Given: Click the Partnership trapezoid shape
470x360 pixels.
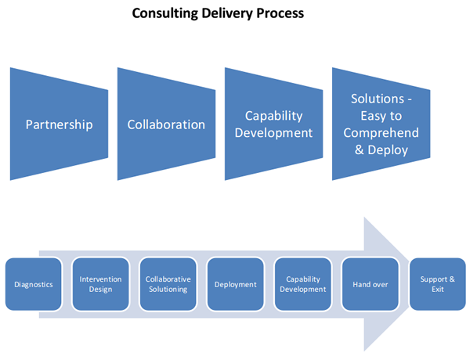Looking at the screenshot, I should point(59,124).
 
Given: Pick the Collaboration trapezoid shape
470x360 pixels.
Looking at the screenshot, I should point(166,124).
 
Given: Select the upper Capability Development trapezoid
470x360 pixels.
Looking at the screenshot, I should point(273,124).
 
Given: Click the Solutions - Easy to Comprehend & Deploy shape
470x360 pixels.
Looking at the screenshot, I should point(381,124).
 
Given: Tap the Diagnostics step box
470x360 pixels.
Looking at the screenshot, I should point(33,284).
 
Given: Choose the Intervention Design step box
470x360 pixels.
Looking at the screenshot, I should point(100,284).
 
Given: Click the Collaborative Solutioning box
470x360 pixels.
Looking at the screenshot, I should point(168,284).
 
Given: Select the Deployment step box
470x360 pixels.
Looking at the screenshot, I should point(235,284).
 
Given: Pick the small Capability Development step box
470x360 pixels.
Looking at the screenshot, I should point(302,284).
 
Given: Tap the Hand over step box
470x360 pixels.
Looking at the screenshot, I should point(370,284).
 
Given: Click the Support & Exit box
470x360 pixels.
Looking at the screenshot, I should point(437,284).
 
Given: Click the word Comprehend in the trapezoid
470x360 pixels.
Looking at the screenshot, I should point(381,133).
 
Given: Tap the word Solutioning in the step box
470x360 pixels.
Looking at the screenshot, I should point(168,290).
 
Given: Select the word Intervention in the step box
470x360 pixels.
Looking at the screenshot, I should point(100,279).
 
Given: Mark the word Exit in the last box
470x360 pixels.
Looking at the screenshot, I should point(437,290).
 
